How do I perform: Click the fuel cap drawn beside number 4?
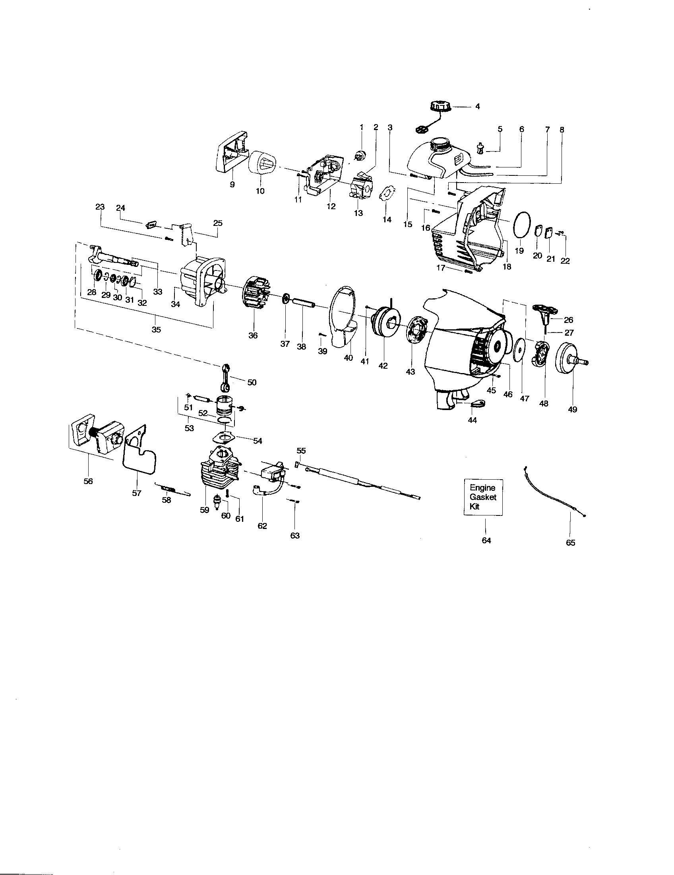pos(441,107)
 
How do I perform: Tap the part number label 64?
pos(486,541)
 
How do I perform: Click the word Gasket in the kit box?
pos(483,497)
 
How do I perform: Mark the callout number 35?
pos(156,329)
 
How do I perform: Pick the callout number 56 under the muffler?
pos(88,481)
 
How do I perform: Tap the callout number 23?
pos(100,207)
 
